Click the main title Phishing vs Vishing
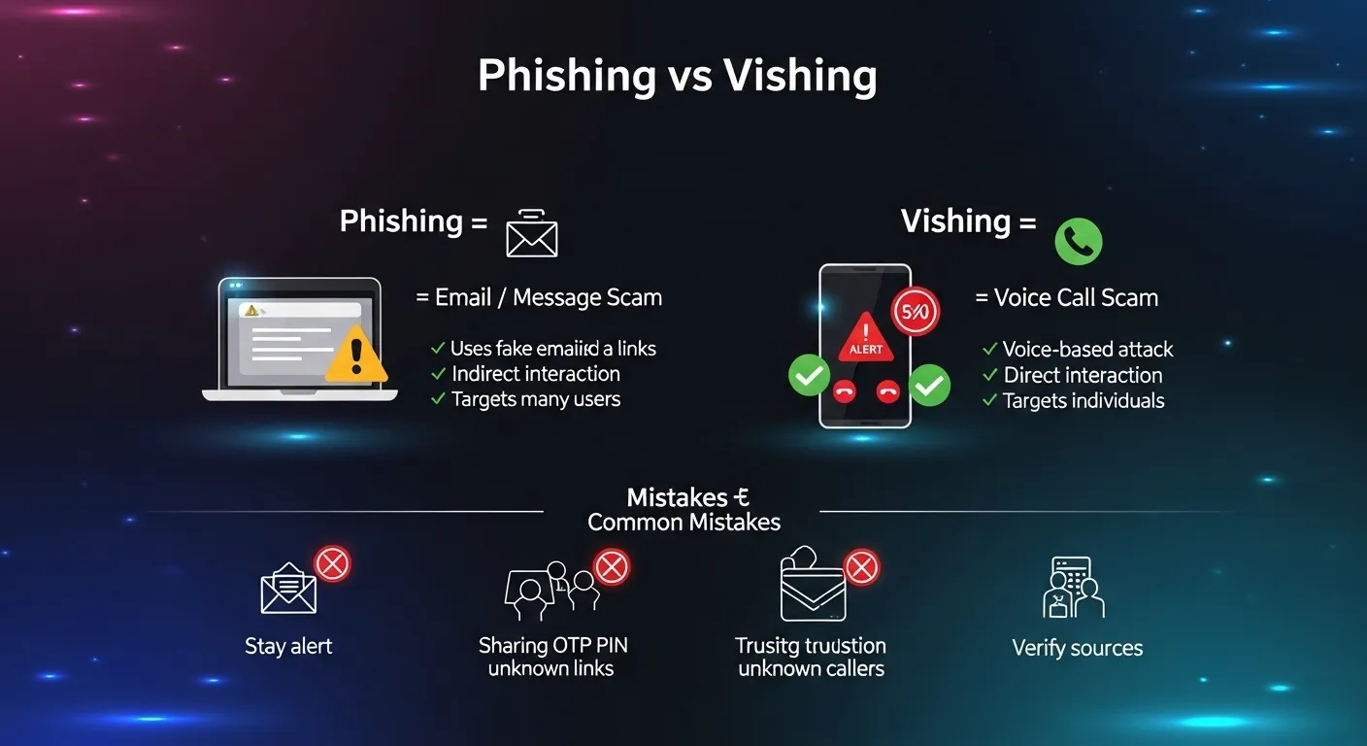point(677,76)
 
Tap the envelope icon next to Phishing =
point(532,233)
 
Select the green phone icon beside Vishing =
point(1078,240)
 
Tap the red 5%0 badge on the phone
point(915,312)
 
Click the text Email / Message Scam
point(539,297)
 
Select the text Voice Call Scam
point(1066,297)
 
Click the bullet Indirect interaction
point(535,374)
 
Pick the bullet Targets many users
point(535,399)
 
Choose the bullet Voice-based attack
point(1086,350)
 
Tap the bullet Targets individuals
point(1083,401)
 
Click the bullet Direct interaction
point(1082,375)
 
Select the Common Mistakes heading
point(683,522)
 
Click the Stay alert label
point(288,646)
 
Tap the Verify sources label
point(1077,648)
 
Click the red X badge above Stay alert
point(333,563)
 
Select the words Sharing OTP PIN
point(552,645)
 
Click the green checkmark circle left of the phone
point(809,375)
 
